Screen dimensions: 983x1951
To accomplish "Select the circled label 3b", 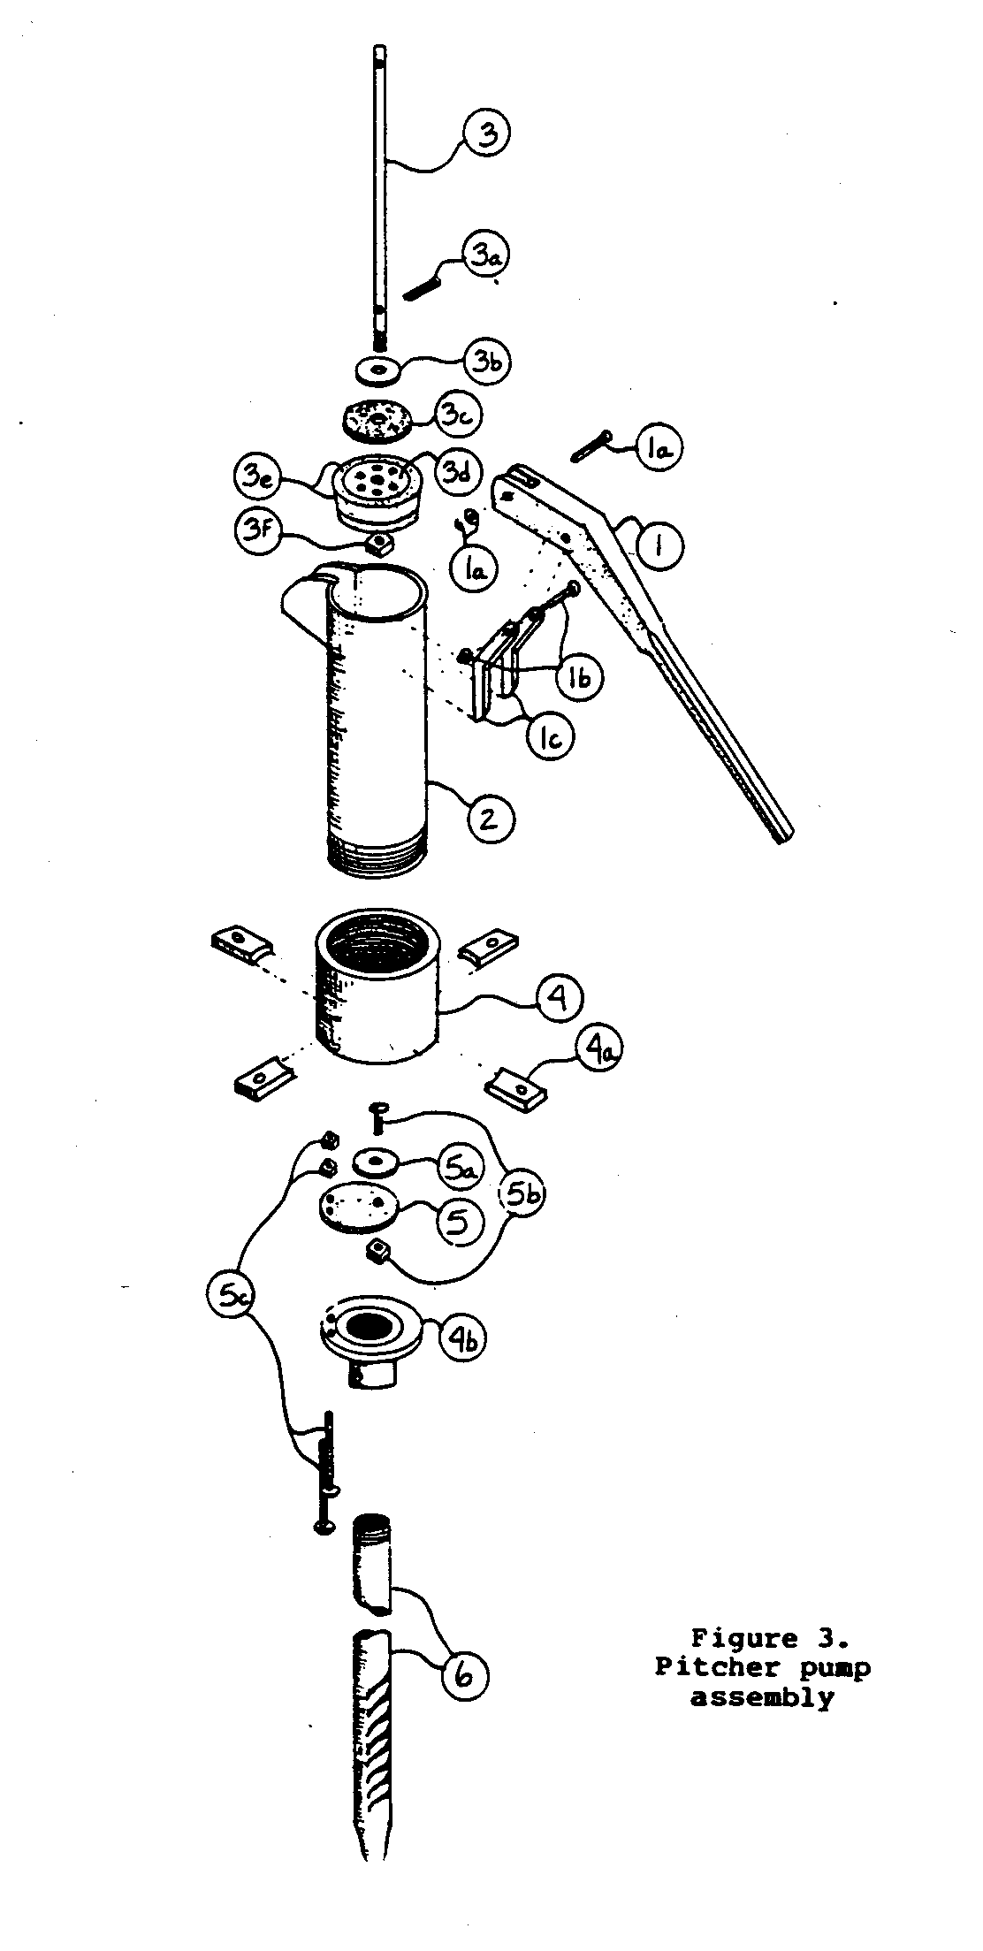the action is [484, 362].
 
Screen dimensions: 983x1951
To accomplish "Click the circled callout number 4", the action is [559, 998].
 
